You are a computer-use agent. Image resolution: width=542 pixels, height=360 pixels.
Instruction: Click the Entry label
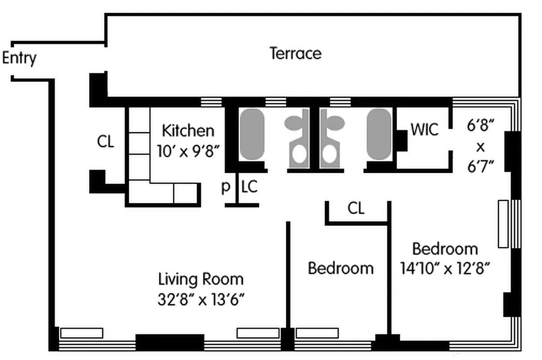coord(19,59)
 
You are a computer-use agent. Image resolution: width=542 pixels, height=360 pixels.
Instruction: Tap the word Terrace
coord(296,54)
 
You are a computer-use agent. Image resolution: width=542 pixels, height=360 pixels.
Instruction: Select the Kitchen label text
coord(188,131)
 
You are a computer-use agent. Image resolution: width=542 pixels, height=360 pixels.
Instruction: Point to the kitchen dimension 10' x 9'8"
coord(188,150)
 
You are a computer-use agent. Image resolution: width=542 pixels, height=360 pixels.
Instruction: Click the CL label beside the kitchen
coord(106,142)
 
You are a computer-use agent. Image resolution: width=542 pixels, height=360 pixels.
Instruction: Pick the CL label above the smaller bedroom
coord(356,208)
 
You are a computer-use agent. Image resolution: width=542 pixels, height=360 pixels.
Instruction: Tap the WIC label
coord(424,130)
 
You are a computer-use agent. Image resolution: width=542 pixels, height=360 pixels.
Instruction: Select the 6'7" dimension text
coord(481,166)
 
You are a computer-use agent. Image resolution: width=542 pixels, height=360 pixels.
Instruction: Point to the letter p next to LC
coord(226,187)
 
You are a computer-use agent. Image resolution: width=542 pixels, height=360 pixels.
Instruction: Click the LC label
coord(249,187)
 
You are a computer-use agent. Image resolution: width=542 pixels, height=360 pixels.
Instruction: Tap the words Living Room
coord(201,279)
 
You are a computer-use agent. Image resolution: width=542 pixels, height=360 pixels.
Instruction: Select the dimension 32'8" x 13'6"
coord(201,299)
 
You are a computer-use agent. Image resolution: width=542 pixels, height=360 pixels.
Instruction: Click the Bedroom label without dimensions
coord(340,268)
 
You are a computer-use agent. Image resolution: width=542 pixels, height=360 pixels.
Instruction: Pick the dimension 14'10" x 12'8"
coord(445,269)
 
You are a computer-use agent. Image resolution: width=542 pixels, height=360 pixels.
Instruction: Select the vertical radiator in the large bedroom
coord(503,224)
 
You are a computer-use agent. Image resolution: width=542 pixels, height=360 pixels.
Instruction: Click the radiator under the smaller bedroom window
coord(317,333)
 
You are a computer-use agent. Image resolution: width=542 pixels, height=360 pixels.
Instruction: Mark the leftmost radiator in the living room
coord(82,333)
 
